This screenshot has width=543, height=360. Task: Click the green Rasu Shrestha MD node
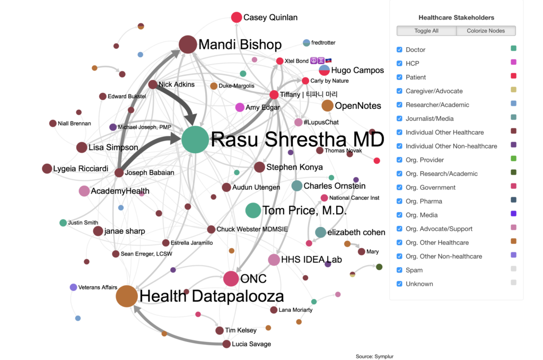(x=195, y=139)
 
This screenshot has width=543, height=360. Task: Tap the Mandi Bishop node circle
(x=188, y=45)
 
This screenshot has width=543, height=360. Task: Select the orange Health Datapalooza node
(x=127, y=296)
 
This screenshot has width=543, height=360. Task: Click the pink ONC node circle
(x=231, y=279)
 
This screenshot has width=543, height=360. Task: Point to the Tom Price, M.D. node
(x=253, y=210)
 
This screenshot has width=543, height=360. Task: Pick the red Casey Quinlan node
(x=237, y=17)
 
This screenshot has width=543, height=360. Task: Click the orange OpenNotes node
(x=327, y=106)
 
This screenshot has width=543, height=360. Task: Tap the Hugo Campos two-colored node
(x=324, y=71)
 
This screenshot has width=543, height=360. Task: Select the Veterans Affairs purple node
(x=73, y=287)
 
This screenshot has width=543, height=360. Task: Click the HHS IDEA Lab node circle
(x=274, y=260)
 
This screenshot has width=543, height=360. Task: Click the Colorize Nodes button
(x=486, y=31)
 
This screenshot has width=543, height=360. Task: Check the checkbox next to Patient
(x=399, y=77)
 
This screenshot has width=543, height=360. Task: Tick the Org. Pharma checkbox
(x=399, y=201)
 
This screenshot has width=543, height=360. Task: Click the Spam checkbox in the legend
(x=399, y=270)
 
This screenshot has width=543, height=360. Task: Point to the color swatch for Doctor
(x=513, y=48)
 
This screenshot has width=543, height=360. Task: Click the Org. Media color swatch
(x=513, y=214)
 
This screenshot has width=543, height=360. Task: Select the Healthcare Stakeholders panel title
(x=456, y=17)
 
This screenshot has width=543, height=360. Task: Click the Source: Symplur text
(x=374, y=356)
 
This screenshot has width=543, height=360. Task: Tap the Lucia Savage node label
(x=251, y=344)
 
